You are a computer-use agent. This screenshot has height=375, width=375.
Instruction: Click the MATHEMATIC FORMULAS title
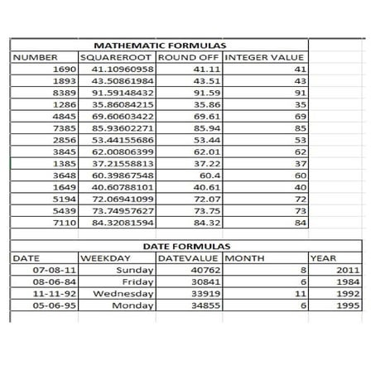point(160,46)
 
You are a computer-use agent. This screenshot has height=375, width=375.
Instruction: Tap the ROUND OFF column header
point(189,57)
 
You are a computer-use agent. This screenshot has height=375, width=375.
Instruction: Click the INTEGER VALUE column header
point(264,57)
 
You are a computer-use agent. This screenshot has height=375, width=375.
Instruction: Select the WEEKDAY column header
point(103,258)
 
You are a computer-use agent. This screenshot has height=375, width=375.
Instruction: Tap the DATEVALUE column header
point(190,258)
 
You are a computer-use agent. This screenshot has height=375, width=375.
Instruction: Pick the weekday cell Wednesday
point(124,293)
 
